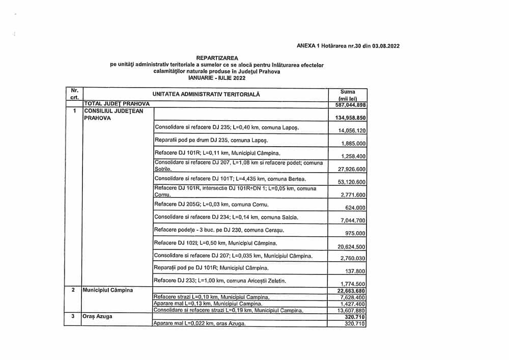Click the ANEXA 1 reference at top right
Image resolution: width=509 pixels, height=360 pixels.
click(x=348, y=46)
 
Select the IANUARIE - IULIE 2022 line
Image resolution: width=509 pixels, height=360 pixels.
click(x=216, y=77)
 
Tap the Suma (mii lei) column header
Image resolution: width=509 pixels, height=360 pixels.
click(x=347, y=95)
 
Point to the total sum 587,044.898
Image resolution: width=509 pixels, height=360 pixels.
click(x=348, y=105)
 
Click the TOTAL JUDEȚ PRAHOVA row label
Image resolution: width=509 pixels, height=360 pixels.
click(x=113, y=104)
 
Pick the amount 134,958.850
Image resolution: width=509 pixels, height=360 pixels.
click(x=348, y=118)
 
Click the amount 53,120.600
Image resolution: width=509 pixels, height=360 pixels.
click(x=352, y=182)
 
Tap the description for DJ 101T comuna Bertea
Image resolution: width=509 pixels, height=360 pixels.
click(x=230, y=179)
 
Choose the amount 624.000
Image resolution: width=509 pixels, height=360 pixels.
click(x=355, y=208)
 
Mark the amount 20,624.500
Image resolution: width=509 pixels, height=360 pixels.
click(x=352, y=246)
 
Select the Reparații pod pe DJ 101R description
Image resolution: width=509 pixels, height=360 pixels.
click(x=211, y=268)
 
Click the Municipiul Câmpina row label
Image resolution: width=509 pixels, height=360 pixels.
click(x=107, y=290)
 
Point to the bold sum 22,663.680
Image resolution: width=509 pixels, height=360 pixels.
click(x=349, y=291)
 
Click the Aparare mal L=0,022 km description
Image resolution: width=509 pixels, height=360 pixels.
click(x=200, y=324)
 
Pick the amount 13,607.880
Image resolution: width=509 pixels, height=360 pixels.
click(x=352, y=311)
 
